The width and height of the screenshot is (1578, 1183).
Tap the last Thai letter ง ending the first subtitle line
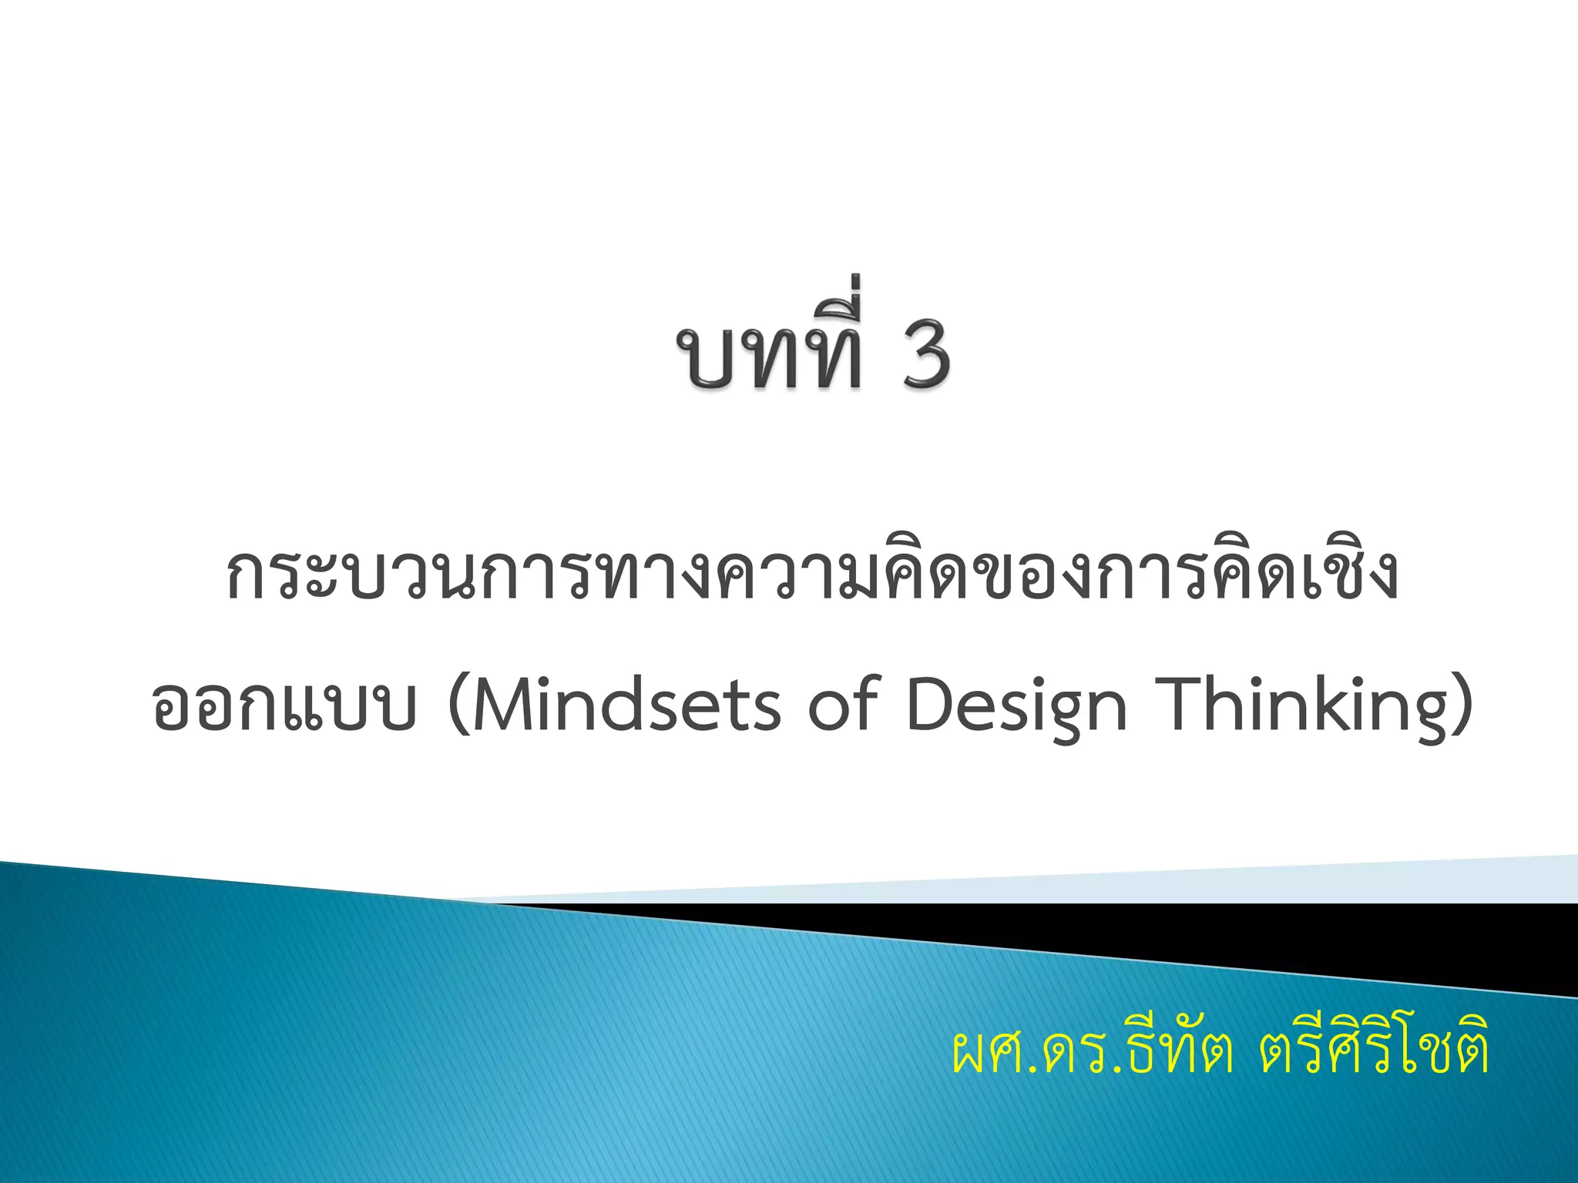coord(1375,578)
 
